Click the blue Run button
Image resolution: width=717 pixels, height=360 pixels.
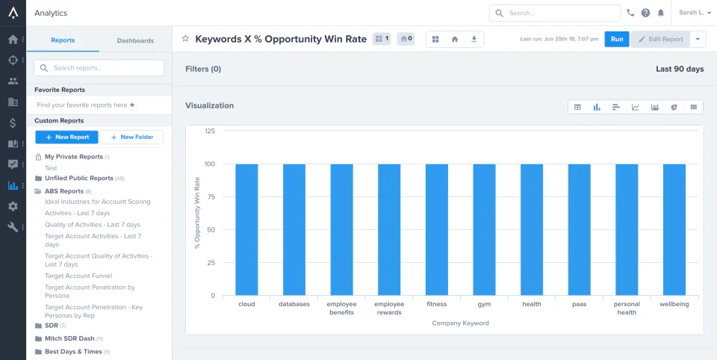pyautogui.click(x=617, y=40)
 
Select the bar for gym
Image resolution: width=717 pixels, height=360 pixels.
pyautogui.click(x=484, y=229)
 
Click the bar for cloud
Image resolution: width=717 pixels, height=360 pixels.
pyautogui.click(x=247, y=229)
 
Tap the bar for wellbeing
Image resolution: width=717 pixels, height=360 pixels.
pyautogui.click(x=674, y=229)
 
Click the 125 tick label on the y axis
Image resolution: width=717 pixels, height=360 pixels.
pyautogui.click(x=209, y=131)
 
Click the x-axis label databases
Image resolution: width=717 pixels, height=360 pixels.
pyautogui.click(x=294, y=304)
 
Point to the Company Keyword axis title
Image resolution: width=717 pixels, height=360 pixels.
pyautogui.click(x=461, y=323)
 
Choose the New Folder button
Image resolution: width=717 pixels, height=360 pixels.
pyautogui.click(x=131, y=137)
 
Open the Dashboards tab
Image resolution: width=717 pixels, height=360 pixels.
pyautogui.click(x=135, y=40)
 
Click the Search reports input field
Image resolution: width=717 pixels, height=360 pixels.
pyautogui.click(x=99, y=68)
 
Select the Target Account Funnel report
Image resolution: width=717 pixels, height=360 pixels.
pyautogui.click(x=78, y=276)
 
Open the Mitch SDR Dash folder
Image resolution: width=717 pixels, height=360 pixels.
pyautogui.click(x=69, y=339)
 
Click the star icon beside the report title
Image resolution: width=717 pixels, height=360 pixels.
pyautogui.click(x=185, y=39)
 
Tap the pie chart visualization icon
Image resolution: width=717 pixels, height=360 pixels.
pyautogui.click(x=674, y=107)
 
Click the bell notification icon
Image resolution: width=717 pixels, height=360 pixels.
pyautogui.click(x=661, y=13)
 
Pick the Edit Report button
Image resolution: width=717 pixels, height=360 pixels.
pyautogui.click(x=661, y=40)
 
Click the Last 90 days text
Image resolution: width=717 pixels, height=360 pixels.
pyautogui.click(x=680, y=69)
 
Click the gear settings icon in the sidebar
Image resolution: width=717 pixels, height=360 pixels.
pyautogui.click(x=13, y=206)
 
